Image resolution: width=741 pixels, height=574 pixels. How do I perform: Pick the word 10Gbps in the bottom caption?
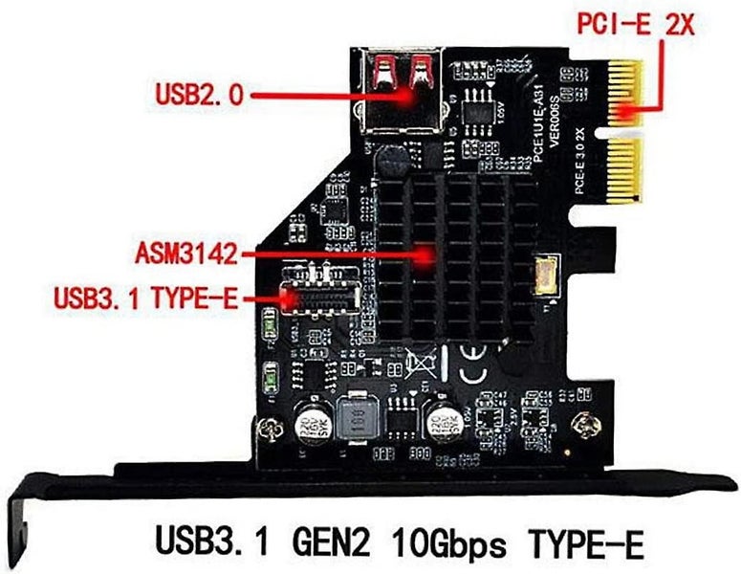[445, 546]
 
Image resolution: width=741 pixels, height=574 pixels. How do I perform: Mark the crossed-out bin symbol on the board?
[419, 363]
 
